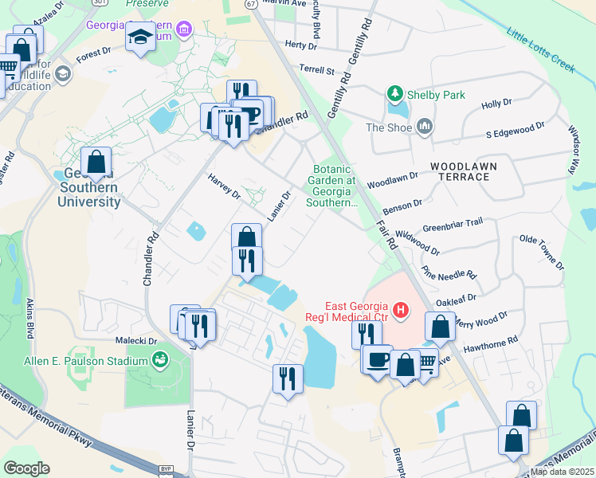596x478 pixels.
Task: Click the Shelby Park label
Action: pyautogui.click(x=437, y=95)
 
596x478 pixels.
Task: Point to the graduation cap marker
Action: pyautogui.click(x=140, y=37)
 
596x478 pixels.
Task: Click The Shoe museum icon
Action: pyautogui.click(x=424, y=127)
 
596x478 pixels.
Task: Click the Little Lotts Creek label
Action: pyautogui.click(x=540, y=49)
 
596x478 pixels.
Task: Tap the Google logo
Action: pyautogui.click(x=26, y=468)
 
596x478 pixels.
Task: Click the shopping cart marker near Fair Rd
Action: pyautogui.click(x=426, y=362)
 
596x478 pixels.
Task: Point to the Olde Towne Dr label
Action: pyautogui.click(x=541, y=251)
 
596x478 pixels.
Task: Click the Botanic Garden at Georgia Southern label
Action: pyautogui.click(x=333, y=186)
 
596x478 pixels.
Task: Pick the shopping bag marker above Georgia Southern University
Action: pyautogui.click(x=96, y=162)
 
